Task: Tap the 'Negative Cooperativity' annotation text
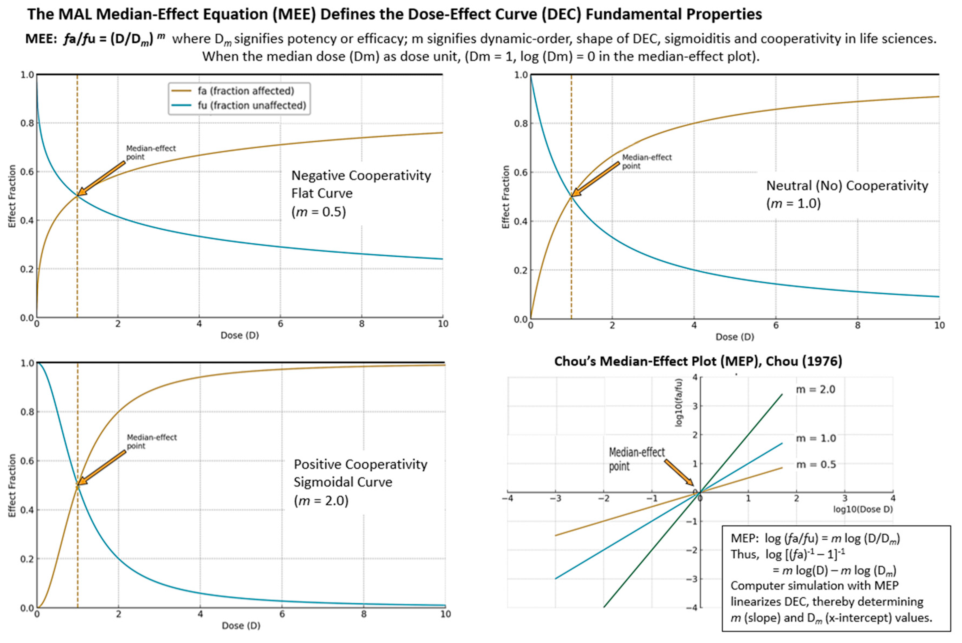pyautogui.click(x=361, y=176)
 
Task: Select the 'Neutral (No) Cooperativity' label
pyautogui.click(x=847, y=186)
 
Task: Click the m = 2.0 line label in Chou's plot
pyautogui.click(x=815, y=389)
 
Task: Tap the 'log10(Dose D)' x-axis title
pyautogui.click(x=863, y=509)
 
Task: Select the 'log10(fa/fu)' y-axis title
pyautogui.click(x=679, y=403)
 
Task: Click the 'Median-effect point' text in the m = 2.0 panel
pyautogui.click(x=151, y=442)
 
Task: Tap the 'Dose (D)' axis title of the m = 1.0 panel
pyautogui.click(x=735, y=337)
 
